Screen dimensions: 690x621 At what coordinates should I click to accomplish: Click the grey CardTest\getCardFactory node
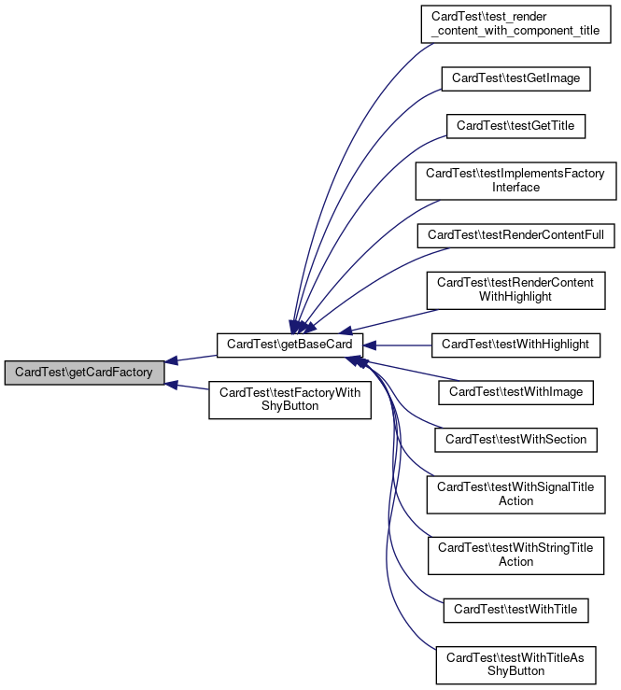click(85, 373)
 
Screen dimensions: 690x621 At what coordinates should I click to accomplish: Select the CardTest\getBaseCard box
click(289, 345)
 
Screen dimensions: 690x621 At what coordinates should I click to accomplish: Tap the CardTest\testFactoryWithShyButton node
click(289, 400)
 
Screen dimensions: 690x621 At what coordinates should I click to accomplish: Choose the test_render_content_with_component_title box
click(515, 25)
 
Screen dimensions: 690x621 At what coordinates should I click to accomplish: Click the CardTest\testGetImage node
click(515, 78)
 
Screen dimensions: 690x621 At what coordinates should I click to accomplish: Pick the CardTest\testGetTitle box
click(515, 127)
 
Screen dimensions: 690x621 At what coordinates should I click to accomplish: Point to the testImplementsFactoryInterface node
click(515, 180)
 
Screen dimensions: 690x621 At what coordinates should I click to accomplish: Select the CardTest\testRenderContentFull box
click(515, 234)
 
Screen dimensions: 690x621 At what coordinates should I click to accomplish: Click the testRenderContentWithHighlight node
click(515, 289)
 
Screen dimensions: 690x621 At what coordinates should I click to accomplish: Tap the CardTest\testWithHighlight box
click(515, 345)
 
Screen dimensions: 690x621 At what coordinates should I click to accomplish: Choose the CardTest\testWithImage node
click(515, 392)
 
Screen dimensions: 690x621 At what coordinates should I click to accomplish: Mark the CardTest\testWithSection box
click(515, 439)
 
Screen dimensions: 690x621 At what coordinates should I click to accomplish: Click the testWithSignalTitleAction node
click(515, 494)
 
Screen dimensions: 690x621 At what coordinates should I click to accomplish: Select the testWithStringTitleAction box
click(515, 555)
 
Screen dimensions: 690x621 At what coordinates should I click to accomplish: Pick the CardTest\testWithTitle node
click(515, 610)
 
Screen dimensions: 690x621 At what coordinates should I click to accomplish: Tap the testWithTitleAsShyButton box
click(515, 664)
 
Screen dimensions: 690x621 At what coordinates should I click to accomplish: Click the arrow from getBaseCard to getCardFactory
click(191, 359)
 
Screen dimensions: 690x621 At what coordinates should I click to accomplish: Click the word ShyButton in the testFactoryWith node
click(289, 406)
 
